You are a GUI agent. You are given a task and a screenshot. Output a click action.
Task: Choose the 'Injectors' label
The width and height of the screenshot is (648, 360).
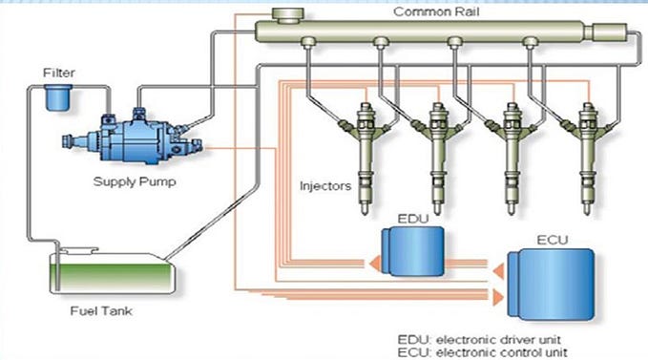324,185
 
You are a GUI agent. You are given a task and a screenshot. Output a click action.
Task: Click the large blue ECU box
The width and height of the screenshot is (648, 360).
552,283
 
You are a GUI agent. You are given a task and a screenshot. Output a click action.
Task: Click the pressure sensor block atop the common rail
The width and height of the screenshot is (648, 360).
285,14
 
